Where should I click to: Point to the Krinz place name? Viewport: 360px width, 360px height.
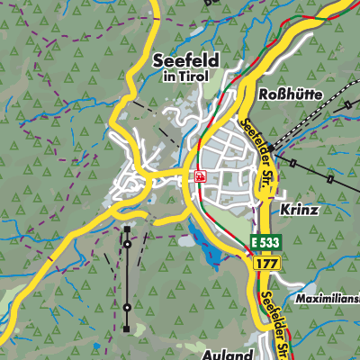[x=299, y=208]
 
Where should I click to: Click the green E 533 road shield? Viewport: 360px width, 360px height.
[x=265, y=243]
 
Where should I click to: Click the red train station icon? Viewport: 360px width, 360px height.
[x=200, y=177]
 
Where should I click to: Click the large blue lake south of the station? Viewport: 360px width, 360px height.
[x=212, y=252]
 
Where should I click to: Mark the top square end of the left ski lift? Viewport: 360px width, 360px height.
[x=127, y=227]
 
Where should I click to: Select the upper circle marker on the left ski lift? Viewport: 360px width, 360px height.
[x=127, y=244]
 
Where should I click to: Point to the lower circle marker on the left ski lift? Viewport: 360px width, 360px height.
[x=127, y=308]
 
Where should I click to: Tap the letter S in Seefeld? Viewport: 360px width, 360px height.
[x=160, y=60]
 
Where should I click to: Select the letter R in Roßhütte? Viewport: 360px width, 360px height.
[x=265, y=94]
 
